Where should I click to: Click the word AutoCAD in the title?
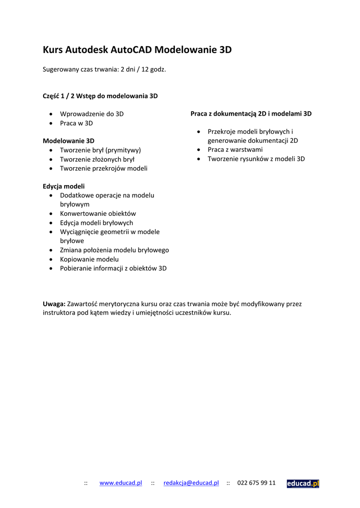point(131,50)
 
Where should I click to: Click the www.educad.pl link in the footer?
point(121,483)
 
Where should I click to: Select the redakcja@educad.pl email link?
point(191,483)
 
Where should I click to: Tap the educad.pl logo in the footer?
point(303,484)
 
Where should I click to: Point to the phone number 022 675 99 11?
point(256,483)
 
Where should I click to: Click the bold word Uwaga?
point(54,304)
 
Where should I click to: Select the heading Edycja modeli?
point(64,186)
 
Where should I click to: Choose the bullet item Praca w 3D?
point(76,123)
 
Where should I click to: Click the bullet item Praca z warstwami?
point(235,149)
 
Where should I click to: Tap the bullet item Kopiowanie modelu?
point(89,259)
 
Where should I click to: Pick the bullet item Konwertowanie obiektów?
point(98,213)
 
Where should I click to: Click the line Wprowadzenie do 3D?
point(92,114)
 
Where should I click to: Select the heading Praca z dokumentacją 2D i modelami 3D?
point(251,114)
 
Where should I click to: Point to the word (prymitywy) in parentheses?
point(123,150)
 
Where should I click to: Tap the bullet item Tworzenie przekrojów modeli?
point(104,168)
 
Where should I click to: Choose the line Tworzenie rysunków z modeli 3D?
point(256,159)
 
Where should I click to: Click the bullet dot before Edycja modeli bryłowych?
point(52,223)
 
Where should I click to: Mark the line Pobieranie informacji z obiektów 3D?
point(113,268)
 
